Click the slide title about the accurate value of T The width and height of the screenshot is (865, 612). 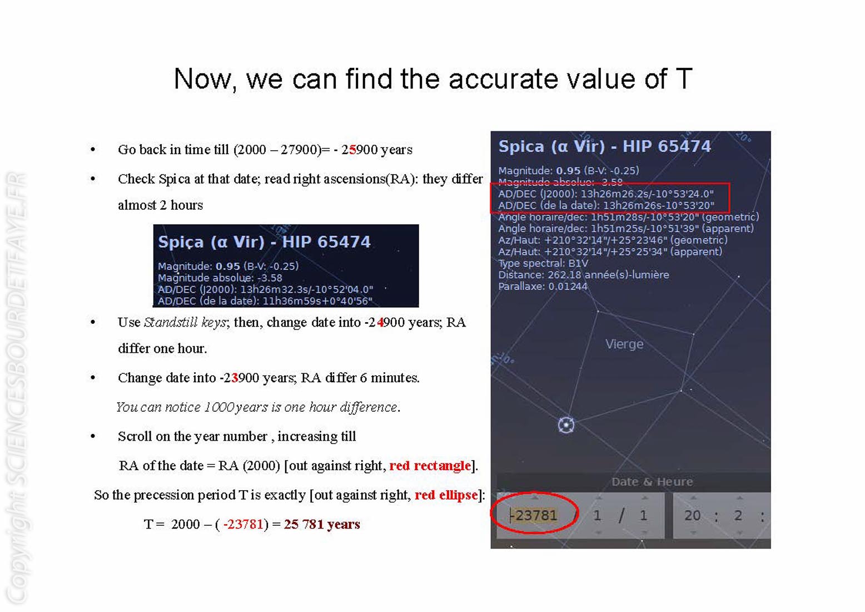[433, 79]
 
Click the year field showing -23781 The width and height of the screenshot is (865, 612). [533, 515]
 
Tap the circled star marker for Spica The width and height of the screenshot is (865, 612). [566, 425]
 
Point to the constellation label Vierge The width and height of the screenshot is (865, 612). [624, 344]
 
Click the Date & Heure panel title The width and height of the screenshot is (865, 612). [652, 482]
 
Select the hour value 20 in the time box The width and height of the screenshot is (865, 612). [692, 515]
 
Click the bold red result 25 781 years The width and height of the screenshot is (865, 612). [322, 524]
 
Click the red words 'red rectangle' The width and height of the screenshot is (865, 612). [430, 466]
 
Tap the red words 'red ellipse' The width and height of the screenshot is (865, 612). [446, 495]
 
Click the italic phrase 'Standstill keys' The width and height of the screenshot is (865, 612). [185, 322]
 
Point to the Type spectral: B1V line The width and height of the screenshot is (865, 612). [543, 264]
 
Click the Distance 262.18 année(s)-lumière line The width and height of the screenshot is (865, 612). [584, 275]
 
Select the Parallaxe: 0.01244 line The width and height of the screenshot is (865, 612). [543, 287]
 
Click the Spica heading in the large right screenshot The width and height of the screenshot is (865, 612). [604, 146]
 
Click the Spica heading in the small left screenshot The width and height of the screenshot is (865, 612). [264, 242]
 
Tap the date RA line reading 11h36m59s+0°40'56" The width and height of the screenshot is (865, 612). [265, 301]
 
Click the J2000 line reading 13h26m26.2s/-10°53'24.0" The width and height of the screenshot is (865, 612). [606, 194]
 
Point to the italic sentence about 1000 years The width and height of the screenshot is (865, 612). [258, 407]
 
